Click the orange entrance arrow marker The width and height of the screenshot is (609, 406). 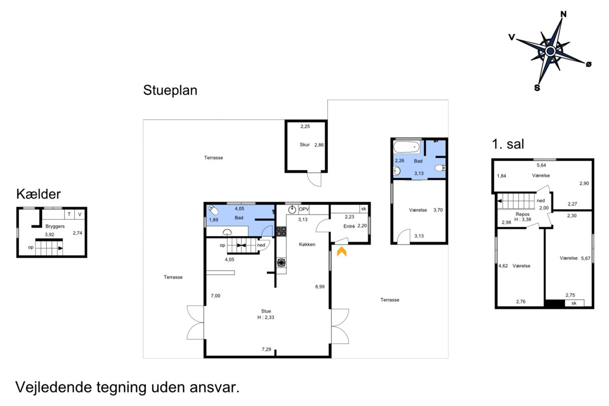tap(342, 251)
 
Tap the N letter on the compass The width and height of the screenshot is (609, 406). tap(563, 14)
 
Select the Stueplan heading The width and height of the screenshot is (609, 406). tap(170, 90)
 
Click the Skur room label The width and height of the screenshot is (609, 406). tap(304, 145)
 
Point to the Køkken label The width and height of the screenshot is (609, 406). tap(307, 244)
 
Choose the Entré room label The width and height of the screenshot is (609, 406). tap(349, 226)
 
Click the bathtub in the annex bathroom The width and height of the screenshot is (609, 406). tap(407, 147)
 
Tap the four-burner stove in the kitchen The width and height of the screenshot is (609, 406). tap(281, 231)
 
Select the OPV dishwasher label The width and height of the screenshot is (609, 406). tap(303, 209)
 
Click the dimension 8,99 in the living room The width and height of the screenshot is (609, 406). tap(320, 286)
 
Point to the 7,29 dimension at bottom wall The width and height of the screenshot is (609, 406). tap(266, 349)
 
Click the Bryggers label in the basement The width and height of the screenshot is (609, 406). tap(55, 226)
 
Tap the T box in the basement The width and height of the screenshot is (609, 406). tap(69, 214)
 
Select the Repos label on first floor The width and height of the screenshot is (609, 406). tap(522, 214)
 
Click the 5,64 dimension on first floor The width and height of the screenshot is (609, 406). tap(541, 165)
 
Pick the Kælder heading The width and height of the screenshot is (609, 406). tap(39, 194)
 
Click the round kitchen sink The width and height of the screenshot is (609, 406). tap(292, 210)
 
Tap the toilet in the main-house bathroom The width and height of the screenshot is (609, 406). tap(214, 210)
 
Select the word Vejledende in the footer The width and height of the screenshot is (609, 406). tap(54, 387)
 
